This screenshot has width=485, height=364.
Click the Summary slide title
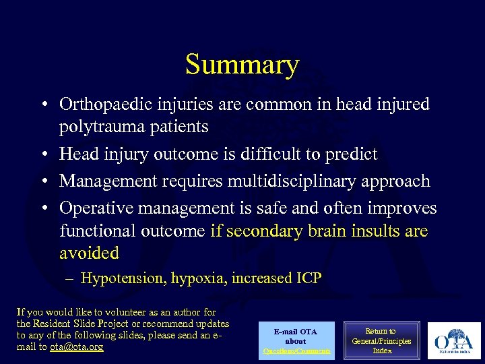[242, 65]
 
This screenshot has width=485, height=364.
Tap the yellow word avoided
[89, 253]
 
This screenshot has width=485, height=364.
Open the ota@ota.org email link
[77, 347]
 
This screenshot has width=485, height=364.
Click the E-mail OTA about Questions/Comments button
[296, 341]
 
